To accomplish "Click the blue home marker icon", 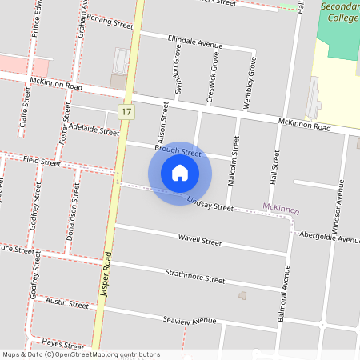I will (180, 173).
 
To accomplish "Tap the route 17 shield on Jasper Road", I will (126, 112).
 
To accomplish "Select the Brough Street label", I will (178, 150).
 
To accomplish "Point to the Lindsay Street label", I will (210, 203).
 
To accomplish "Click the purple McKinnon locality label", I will (281, 210).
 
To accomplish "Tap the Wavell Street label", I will (199, 239).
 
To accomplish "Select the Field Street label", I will (42, 161).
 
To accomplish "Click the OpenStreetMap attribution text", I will (81, 354).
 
